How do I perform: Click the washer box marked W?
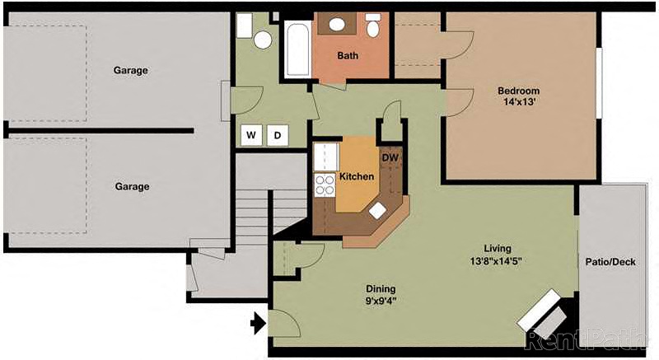[251, 135]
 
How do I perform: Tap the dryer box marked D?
[278, 135]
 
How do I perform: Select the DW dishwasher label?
[390, 157]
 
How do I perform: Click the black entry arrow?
[258, 324]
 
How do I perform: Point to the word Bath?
[348, 56]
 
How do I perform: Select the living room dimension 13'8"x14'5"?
[498, 261]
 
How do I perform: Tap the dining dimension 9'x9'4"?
[381, 302]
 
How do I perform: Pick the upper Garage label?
[131, 70]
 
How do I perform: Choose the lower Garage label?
[132, 186]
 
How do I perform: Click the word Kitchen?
[357, 177]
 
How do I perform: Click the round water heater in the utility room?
[263, 39]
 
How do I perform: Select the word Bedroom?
[518, 91]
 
